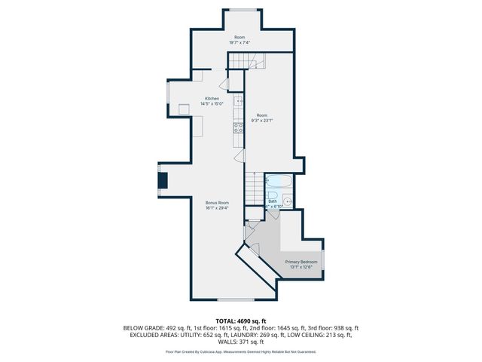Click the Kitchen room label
(x=212, y=98)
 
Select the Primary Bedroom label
(x=300, y=261)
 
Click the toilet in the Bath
(x=288, y=201)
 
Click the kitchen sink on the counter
(x=238, y=101)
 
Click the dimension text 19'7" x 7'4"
(x=239, y=43)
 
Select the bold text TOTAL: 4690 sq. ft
(x=240, y=321)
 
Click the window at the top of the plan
(x=240, y=9)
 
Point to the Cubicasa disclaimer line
(x=240, y=351)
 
